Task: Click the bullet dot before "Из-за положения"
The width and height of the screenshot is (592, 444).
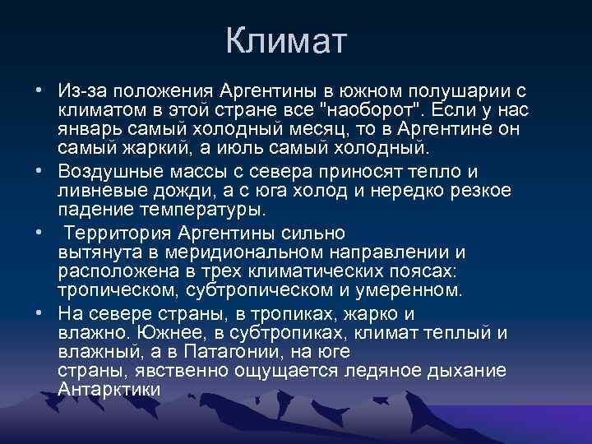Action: click(x=39, y=90)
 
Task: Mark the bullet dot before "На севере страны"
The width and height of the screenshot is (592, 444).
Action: click(x=39, y=313)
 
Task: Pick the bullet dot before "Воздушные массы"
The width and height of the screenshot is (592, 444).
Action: click(x=39, y=172)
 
